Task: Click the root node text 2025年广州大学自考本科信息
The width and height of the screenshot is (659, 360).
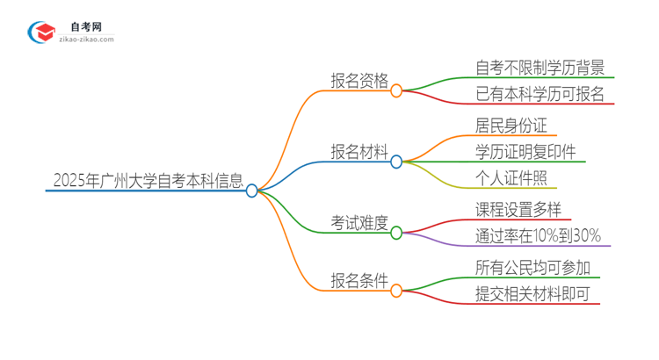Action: [148, 181]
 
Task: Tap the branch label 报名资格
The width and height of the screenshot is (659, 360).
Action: [358, 81]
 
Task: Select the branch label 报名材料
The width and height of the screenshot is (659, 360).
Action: [358, 152]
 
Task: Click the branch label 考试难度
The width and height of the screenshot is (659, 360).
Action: [358, 223]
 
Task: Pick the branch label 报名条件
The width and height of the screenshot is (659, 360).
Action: [358, 281]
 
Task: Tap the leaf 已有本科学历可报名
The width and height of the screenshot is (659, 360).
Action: [540, 94]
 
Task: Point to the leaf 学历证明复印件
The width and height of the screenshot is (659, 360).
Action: [525, 152]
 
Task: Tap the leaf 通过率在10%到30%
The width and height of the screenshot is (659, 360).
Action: [538, 235]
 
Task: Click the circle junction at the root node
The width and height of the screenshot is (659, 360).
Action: [252, 191]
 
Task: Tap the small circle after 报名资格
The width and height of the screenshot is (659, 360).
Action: [396, 90]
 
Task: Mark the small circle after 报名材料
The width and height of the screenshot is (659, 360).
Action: [396, 162]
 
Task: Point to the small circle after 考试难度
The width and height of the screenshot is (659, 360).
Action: [396, 233]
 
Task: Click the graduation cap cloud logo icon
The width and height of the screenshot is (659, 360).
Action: [42, 32]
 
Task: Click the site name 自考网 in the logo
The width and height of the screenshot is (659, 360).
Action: [86, 26]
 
